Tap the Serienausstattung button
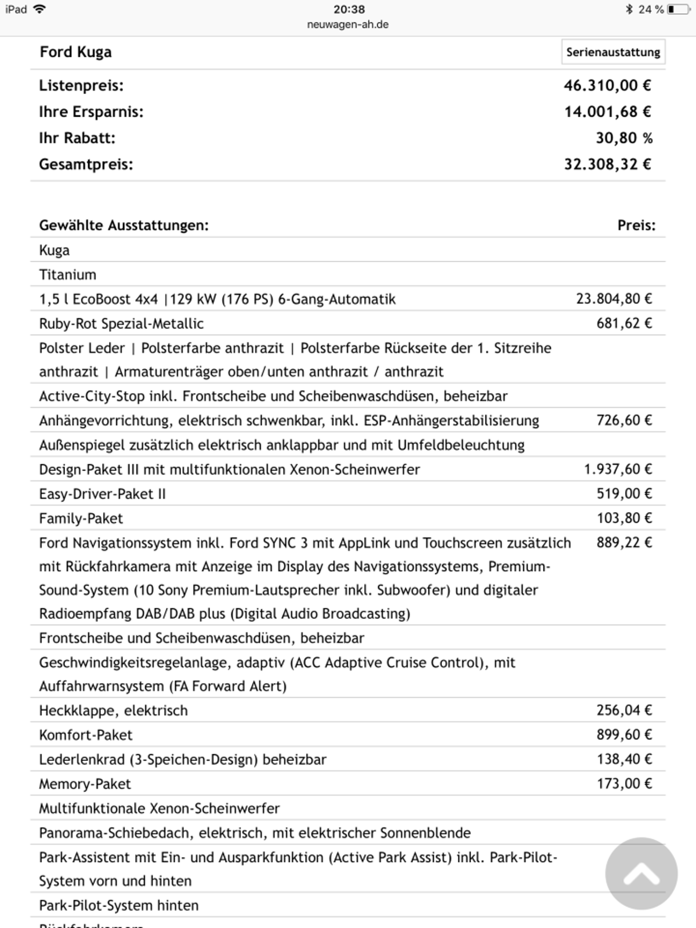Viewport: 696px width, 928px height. pos(613,52)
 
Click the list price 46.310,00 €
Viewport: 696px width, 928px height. pos(607,86)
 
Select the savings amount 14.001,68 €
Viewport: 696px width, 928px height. pos(607,112)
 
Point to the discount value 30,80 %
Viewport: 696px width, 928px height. pos(624,138)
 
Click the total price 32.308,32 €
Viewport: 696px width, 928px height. pos(607,165)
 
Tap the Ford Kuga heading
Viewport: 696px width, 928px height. pos(75,52)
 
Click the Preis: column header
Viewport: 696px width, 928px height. pos(636,226)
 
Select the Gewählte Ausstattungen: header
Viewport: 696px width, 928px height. pos(124,226)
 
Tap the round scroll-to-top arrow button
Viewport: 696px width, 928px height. pos(641,873)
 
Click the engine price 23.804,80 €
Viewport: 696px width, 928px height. pos(614,299)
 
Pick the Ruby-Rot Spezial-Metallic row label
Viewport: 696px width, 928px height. pos(121,324)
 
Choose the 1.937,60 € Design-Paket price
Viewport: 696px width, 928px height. pos(618,469)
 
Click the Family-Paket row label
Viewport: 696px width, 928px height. pos(81,519)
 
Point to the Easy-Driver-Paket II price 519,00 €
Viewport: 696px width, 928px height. pos(624,494)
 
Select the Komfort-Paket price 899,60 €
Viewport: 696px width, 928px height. pos(624,735)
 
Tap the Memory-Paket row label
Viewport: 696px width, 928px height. pos(85,784)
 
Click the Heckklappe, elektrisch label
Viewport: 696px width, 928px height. pos(113,710)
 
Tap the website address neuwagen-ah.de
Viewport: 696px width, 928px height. pos(348,24)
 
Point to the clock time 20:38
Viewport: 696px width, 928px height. pos(349,9)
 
